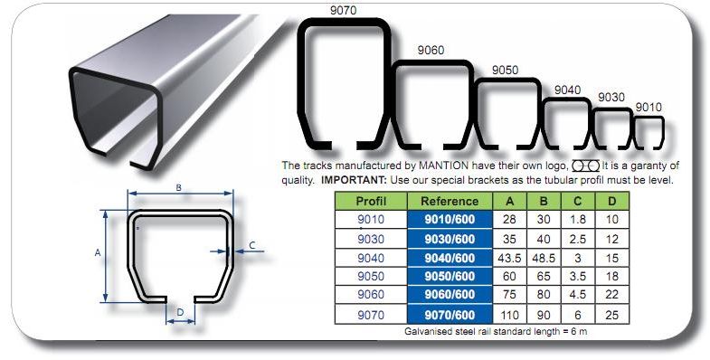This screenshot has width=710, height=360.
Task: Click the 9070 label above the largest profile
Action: click(x=343, y=10)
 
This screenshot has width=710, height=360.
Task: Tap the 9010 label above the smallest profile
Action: click(x=648, y=108)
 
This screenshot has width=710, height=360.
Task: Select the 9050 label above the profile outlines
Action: click(x=506, y=71)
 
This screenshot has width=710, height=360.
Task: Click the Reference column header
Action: click(x=450, y=202)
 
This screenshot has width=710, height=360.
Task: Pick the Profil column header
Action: click(x=371, y=201)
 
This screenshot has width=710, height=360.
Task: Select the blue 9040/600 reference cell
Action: click(x=450, y=258)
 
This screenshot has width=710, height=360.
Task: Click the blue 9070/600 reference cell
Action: click(x=450, y=315)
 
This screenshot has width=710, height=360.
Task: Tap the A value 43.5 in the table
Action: click(x=509, y=258)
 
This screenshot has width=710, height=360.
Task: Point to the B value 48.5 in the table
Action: click(x=544, y=258)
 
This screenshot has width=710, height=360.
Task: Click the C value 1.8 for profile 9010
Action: click(x=578, y=220)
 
